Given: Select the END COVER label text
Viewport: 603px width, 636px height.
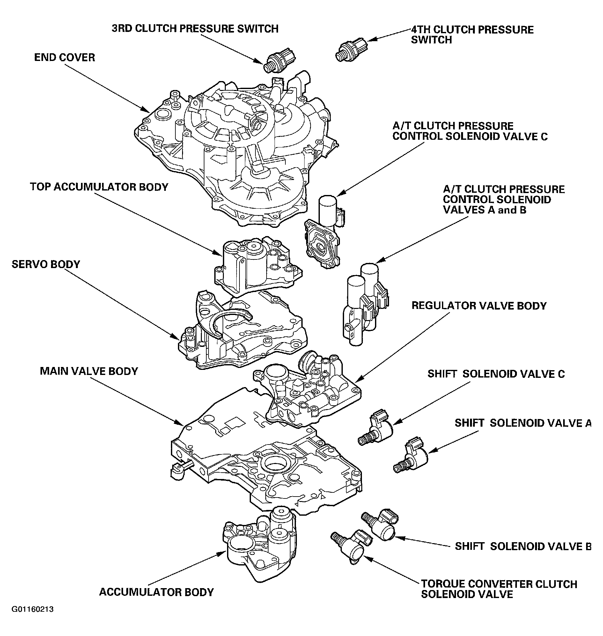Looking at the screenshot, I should pos(65,57).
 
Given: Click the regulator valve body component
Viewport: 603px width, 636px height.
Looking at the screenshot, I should pos(309,393).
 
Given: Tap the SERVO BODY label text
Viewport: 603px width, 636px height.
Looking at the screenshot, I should pos(46,265).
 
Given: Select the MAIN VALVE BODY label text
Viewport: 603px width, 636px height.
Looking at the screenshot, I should pos(89,371).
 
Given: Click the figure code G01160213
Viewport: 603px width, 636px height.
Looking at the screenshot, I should pos(33,609).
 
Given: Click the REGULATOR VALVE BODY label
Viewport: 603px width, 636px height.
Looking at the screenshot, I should pos(479,306).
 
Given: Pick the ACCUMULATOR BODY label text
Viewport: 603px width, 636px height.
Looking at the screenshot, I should pos(156,592).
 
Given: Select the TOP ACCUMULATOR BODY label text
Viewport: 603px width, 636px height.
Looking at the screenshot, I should pos(99,187).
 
